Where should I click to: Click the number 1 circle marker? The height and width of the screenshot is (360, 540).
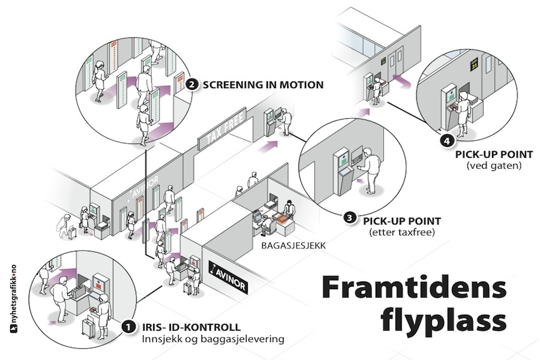(x=128, y=327)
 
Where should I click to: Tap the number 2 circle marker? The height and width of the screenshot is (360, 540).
(x=191, y=85)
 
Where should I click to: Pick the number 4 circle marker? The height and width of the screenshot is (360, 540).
(x=445, y=142)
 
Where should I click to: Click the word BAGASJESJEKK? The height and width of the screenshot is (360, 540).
(x=287, y=245)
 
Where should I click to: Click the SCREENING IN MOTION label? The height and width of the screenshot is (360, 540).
(x=263, y=85)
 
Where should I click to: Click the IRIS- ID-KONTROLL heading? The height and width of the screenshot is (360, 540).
(x=191, y=327)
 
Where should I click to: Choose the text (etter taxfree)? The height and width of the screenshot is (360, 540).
(x=399, y=232)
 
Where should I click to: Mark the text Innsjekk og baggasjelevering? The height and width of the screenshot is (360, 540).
(x=213, y=340)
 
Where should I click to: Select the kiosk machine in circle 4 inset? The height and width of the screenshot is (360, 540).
(x=450, y=107)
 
